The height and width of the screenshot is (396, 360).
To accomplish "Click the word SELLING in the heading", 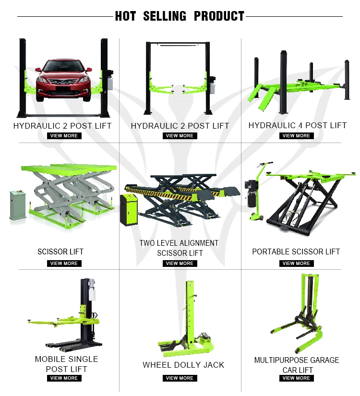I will point(164,16).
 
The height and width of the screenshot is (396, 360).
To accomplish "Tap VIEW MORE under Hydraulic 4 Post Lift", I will point(296,136).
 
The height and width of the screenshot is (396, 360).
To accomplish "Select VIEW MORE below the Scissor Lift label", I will point(64,263).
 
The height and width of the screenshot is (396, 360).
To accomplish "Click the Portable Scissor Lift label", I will point(296,252).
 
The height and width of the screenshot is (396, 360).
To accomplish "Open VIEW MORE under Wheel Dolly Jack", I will point(180,378).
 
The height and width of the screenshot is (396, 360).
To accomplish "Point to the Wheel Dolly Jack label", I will point(183,365).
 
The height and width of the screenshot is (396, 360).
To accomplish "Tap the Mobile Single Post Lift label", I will point(66,364).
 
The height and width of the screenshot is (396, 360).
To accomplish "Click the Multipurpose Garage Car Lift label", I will point(297,365).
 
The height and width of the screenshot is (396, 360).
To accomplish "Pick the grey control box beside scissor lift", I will point(19,205).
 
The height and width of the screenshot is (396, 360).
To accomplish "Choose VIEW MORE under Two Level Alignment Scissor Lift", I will point(180,263).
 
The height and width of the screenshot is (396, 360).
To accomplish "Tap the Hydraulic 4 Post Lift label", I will point(297,125).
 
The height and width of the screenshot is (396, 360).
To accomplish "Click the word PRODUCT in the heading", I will point(219,16).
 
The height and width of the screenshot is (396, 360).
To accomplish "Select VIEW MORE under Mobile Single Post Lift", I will point(64,378).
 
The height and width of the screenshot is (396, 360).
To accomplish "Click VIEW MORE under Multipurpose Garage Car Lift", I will point(296,378).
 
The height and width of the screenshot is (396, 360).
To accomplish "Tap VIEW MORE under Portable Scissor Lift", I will point(296,263).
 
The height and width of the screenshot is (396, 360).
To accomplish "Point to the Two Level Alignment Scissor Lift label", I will point(179,248).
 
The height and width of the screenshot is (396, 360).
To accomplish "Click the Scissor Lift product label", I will point(60,252).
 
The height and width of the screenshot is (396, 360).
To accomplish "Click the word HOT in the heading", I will point(126,16).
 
